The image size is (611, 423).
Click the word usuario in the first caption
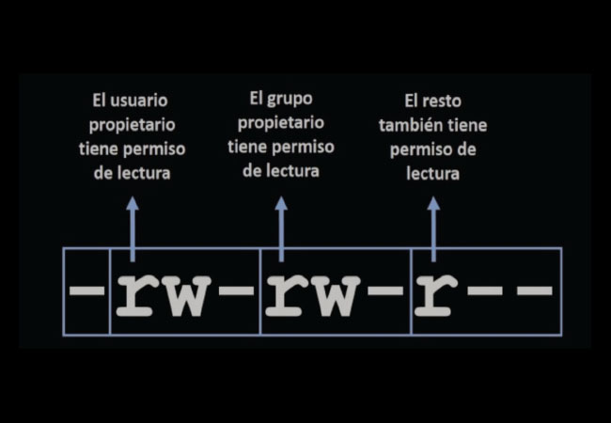(139, 101)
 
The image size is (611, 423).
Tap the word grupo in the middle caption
(290, 100)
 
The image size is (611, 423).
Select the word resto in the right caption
(442, 102)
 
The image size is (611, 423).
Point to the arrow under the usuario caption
(133, 228)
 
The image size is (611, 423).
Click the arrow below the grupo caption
(281, 228)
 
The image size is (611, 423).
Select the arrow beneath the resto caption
(433, 228)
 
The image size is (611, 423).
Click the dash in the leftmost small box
(86, 290)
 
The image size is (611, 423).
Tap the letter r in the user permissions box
(134, 295)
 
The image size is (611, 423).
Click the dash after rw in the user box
(236, 290)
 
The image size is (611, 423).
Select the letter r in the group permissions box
(284, 295)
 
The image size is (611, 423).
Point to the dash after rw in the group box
(385, 290)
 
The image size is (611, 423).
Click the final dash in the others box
(535, 290)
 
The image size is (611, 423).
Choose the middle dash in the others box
(484, 290)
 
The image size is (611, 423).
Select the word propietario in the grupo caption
(281, 123)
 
